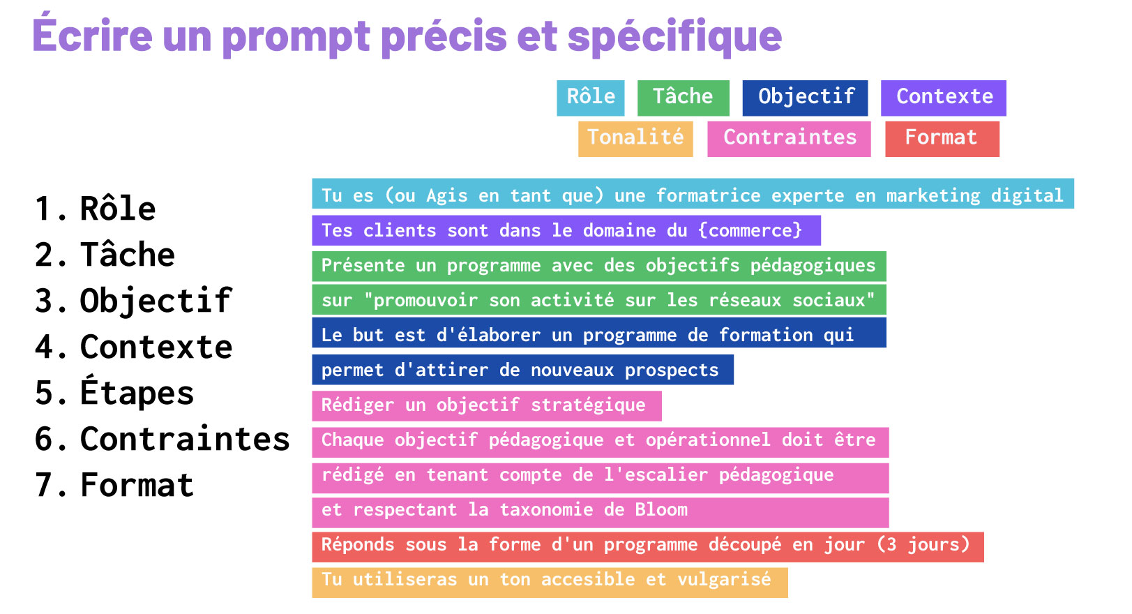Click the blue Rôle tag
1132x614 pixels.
pos(590,98)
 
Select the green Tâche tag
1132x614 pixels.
pos(683,98)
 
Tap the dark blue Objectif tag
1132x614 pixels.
pos(805,98)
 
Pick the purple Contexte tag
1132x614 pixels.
pos(943,98)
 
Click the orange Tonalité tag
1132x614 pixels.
pos(635,138)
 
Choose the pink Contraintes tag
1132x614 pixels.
pos(789,138)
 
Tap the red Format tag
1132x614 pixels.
pos(942,138)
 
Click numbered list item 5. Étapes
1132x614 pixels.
pos(115,393)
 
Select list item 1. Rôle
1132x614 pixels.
pos(96,209)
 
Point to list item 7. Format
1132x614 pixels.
pos(115,485)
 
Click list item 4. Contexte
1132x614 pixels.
pos(134,347)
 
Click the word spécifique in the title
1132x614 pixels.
pos(674,36)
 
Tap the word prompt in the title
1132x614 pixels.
pos(296,36)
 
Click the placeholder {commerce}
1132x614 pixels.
pos(750,230)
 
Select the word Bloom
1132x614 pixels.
pos(661,510)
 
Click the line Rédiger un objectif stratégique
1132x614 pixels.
pos(483,405)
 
